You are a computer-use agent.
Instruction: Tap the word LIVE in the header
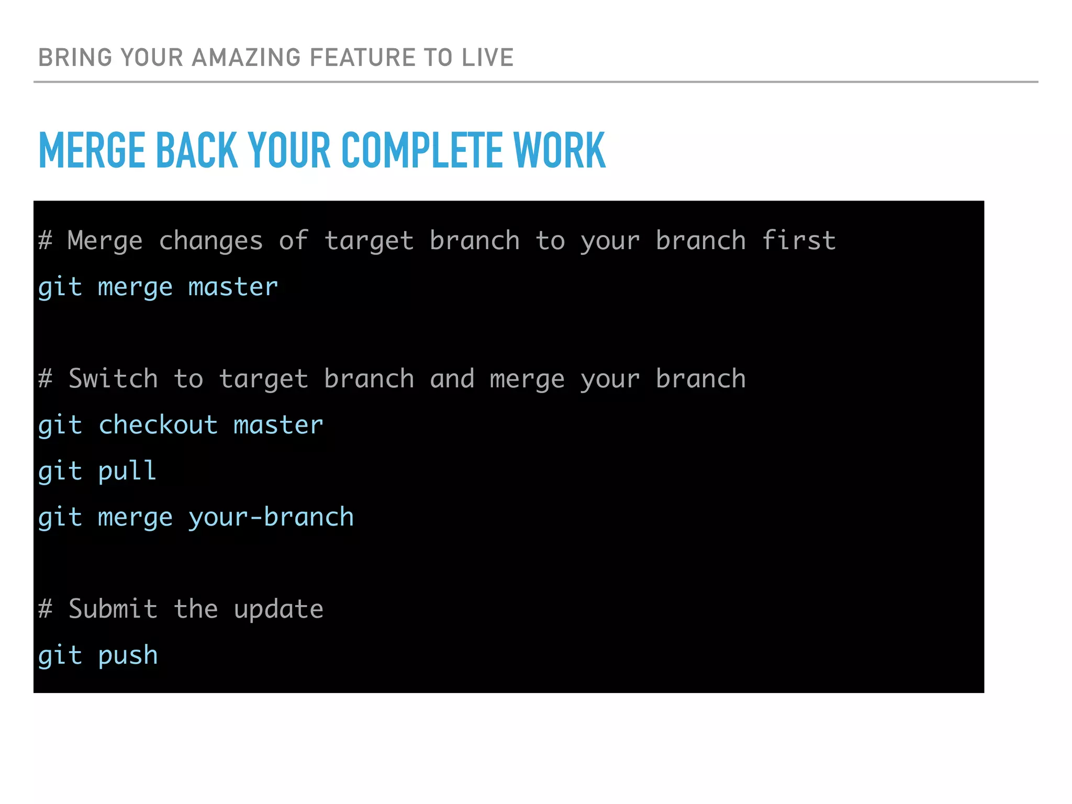pos(487,58)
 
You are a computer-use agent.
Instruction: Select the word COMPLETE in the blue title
pos(422,151)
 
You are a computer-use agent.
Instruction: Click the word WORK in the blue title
pos(559,151)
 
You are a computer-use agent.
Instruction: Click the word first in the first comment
pos(798,240)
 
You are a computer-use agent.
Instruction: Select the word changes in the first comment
pos(211,241)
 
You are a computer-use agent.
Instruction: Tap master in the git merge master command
pos(233,287)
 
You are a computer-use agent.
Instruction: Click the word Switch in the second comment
pos(113,378)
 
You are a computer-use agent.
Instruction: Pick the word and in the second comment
pos(452,378)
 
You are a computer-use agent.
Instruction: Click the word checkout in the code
pos(158,425)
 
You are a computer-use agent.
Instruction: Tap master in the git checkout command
pos(278,425)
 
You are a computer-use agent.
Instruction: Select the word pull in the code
pos(127,471)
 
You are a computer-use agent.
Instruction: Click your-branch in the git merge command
pos(271,517)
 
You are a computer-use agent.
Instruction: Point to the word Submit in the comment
pos(113,609)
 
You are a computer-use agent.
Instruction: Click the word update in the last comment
pos(278,610)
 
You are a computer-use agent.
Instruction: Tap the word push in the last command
pos(128,656)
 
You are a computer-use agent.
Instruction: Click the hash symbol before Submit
pos(46,609)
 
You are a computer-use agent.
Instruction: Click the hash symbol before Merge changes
pos(46,240)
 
